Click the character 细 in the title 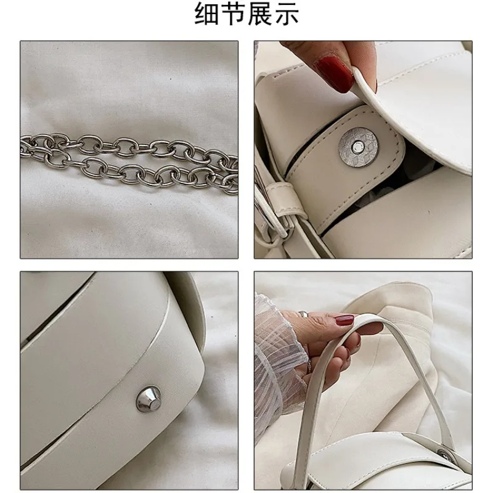point(207,14)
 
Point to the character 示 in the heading point(287,14)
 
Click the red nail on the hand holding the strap point(343,320)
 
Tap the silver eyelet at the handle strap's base point(443,455)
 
